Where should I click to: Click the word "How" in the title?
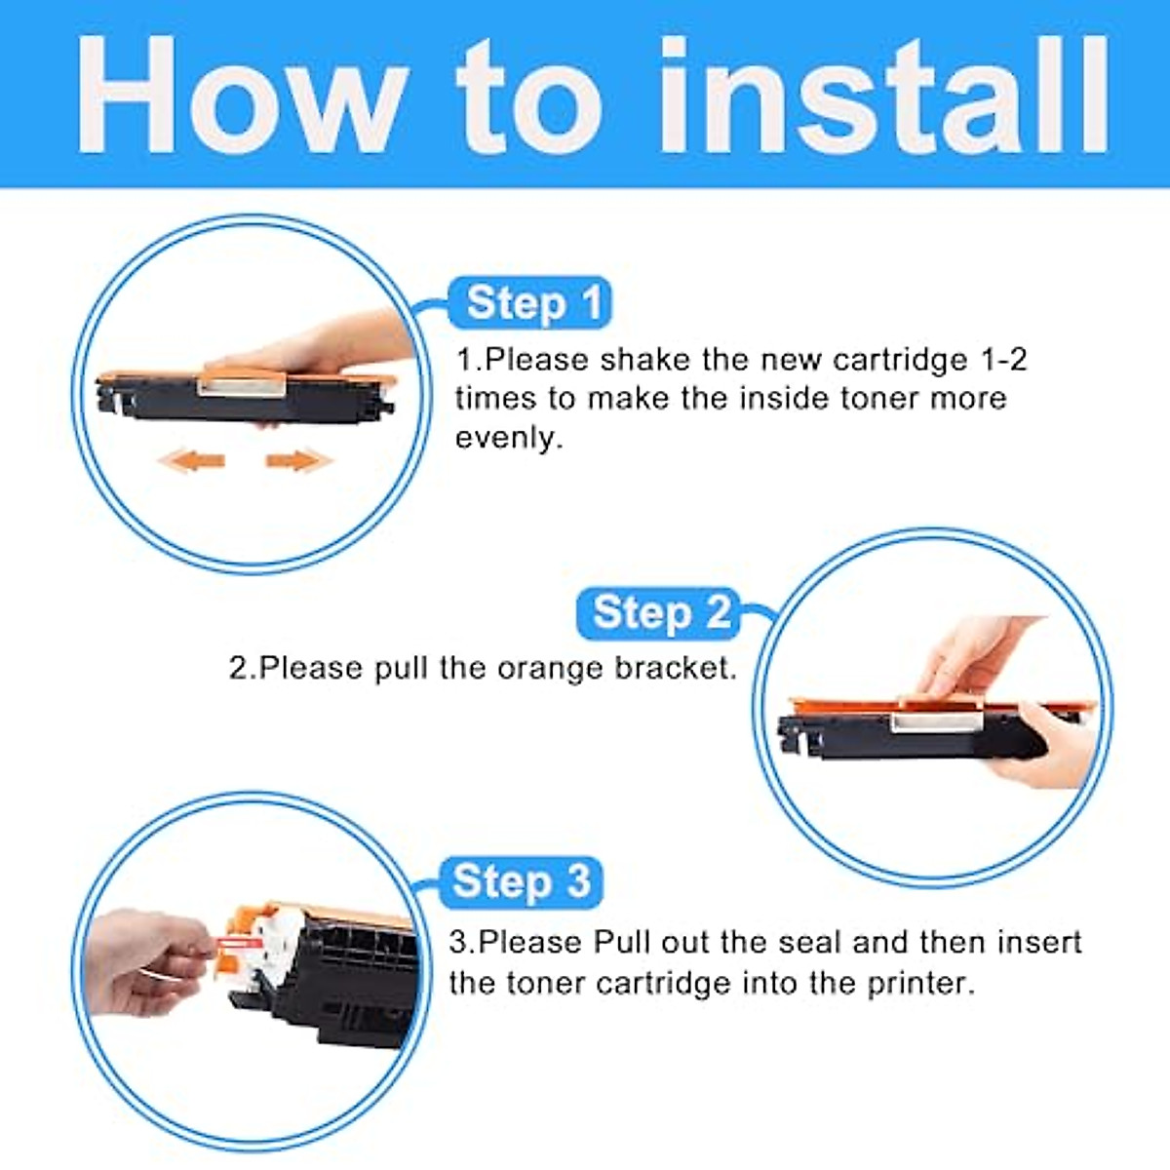coord(242,95)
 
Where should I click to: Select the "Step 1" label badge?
coord(530,302)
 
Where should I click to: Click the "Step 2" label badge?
coord(659,613)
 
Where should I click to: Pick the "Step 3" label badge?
coord(521,882)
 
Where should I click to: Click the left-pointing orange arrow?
coord(192,461)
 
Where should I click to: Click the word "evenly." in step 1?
coord(509,439)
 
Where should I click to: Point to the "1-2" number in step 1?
coord(1003,360)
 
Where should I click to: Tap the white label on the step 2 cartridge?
coord(936,721)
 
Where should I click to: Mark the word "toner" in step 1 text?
coord(879,399)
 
